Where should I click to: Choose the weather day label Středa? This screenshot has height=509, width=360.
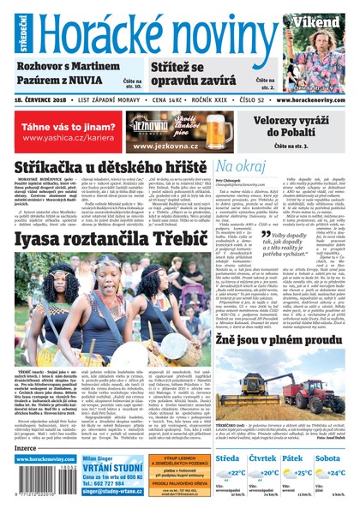(x=228, y=458)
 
